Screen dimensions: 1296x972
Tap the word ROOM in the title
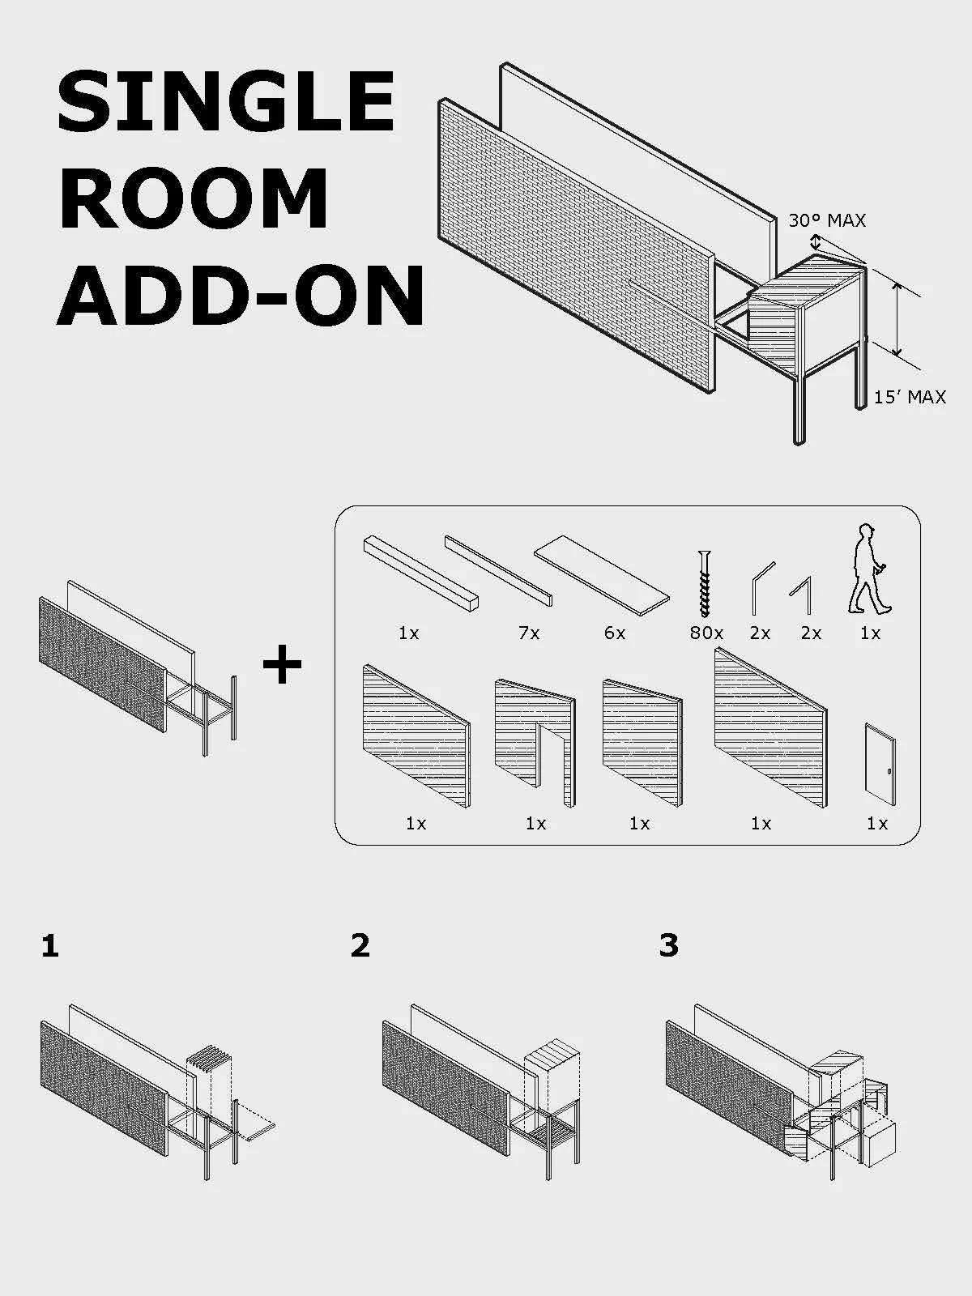click(x=193, y=199)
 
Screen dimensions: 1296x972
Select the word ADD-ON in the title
click(x=241, y=296)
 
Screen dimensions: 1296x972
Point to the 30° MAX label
click(x=827, y=220)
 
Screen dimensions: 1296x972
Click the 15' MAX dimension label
click(x=909, y=397)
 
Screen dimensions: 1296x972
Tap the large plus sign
click(x=282, y=666)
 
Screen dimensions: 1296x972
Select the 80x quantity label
click(x=706, y=633)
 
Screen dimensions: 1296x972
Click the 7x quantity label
click(x=529, y=633)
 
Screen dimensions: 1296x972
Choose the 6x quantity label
click(x=615, y=633)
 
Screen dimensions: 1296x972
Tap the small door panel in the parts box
click(x=880, y=764)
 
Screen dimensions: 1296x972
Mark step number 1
click(x=50, y=946)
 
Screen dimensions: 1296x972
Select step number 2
click(x=360, y=945)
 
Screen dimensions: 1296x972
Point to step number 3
click(x=669, y=945)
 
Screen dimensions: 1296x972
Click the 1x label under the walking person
click(x=870, y=633)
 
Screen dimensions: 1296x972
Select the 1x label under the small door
click(x=877, y=824)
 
